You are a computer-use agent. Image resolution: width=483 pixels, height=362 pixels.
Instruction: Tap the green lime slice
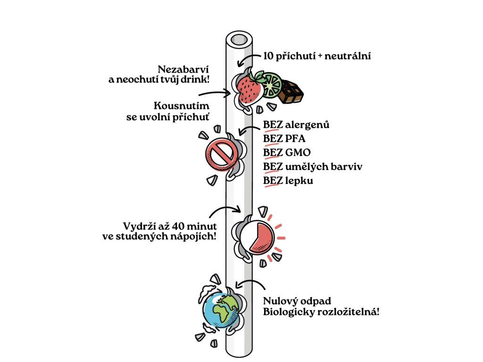click(272, 85)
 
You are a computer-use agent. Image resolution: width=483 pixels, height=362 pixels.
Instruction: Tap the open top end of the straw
click(239, 38)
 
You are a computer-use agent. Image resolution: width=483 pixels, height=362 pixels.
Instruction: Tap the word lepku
click(299, 180)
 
